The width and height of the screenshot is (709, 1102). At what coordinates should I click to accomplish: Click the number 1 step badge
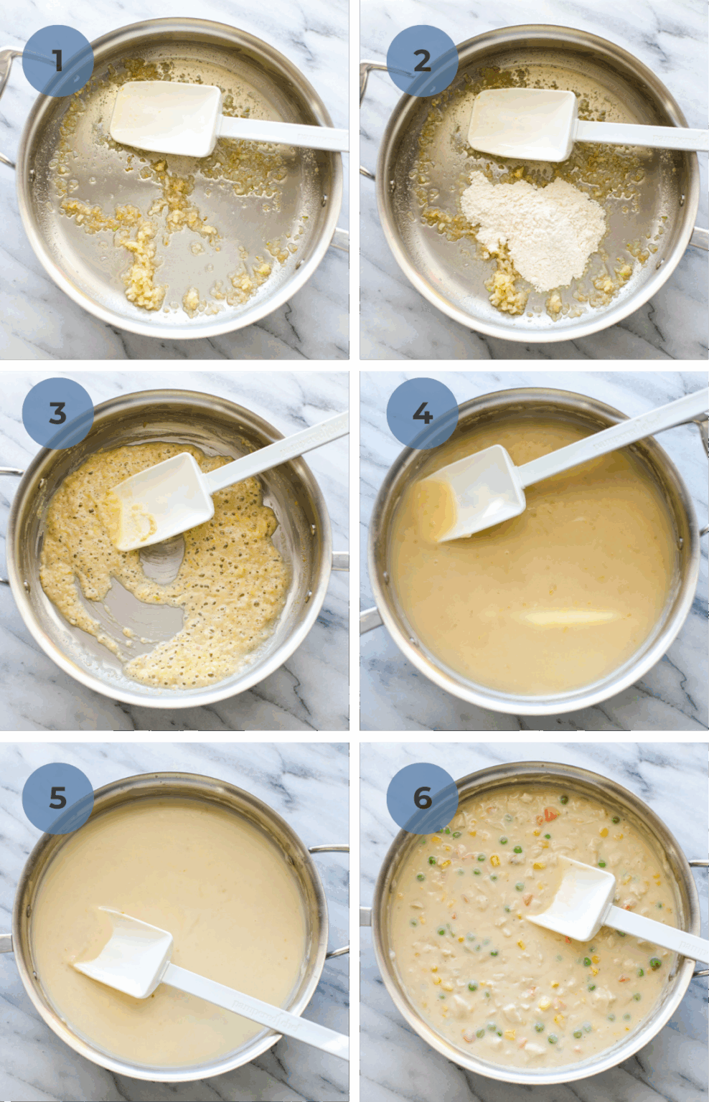(57, 61)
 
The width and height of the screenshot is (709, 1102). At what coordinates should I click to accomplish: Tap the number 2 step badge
(422, 61)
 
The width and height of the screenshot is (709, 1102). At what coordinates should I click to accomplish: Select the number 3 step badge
(57, 413)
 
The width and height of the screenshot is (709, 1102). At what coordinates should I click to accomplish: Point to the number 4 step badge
(422, 413)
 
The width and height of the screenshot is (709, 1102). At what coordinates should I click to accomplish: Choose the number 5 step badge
(57, 797)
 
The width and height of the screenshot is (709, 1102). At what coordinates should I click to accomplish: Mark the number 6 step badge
(422, 797)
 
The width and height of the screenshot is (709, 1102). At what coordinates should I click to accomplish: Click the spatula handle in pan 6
(657, 933)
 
